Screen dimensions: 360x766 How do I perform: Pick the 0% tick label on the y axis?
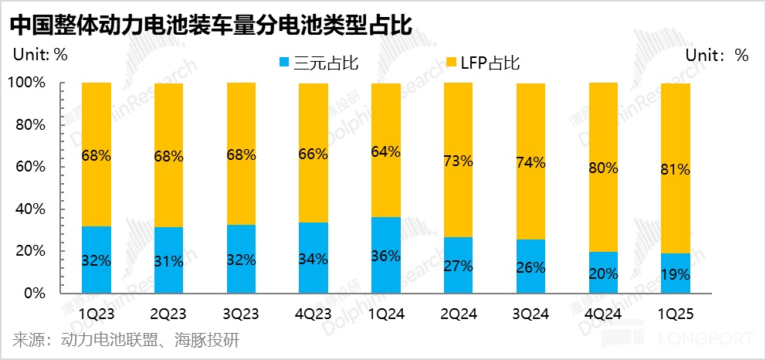pos(36,294)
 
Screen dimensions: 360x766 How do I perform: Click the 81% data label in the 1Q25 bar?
pos(676,169)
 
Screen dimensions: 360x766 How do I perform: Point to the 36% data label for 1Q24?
pos(386,256)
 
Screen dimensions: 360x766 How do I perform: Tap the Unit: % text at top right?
pos(717,55)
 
